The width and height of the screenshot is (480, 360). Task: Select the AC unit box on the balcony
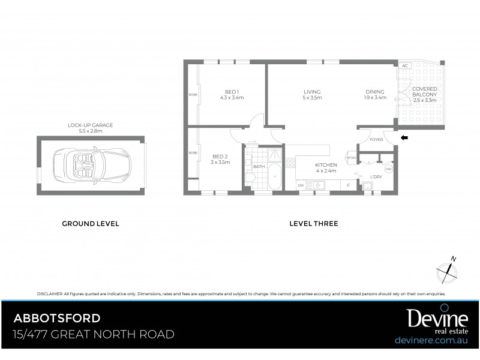coord(405,66)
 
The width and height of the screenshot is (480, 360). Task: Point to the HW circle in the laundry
coord(388,169)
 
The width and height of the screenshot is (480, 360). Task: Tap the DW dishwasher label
coord(301,186)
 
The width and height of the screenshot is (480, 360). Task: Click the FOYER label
coord(376,140)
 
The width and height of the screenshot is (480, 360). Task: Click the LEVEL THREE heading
coord(313,224)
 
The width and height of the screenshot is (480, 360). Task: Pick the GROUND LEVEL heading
coord(91,224)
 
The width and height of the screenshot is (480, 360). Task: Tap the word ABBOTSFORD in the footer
coord(58,318)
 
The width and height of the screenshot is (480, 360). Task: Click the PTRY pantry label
coord(352,158)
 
